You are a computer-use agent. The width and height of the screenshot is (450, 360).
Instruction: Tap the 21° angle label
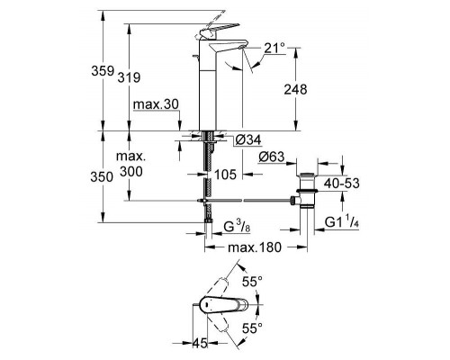point(274,47)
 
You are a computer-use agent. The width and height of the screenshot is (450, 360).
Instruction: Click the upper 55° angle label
point(255,282)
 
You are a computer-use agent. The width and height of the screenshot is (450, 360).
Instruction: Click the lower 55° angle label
point(255,329)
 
